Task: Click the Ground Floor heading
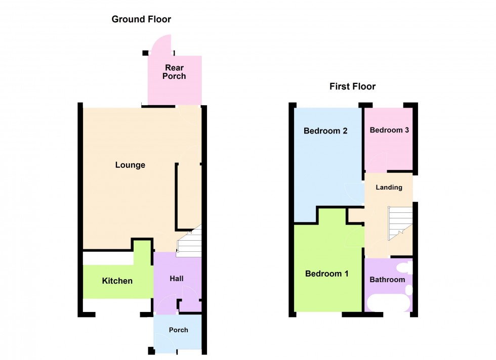coord(141,20)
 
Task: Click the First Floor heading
coord(352,86)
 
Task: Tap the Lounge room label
coord(130,165)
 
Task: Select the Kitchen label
coord(117,281)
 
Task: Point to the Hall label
coord(177,279)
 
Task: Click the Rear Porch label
coord(174,72)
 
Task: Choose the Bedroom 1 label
coord(327,274)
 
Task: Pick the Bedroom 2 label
coord(325,131)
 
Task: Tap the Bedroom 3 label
coord(389,130)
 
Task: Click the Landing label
coord(389,188)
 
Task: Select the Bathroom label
coord(387,280)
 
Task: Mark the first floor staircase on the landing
coord(400,222)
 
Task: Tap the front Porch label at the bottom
coord(178,330)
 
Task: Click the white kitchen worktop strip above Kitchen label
coord(108,258)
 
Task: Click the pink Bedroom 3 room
coord(389,149)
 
